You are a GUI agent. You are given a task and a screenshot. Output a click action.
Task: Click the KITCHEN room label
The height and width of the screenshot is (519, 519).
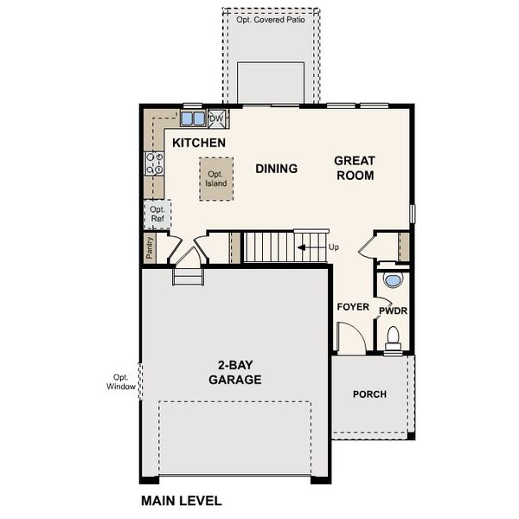pyautogui.click(x=199, y=143)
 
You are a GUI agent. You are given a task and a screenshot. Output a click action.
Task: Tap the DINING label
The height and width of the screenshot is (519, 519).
pyautogui.click(x=277, y=169)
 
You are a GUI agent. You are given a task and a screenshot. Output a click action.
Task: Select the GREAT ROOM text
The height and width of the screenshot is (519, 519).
pyautogui.click(x=355, y=168)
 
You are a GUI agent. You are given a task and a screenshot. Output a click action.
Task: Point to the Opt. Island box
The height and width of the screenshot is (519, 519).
pyautogui.click(x=215, y=179)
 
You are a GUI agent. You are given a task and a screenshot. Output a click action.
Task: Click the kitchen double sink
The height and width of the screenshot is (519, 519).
pyautogui.click(x=193, y=119)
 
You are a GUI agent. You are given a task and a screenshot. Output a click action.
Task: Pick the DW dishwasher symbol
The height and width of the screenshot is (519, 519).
pyautogui.click(x=216, y=119)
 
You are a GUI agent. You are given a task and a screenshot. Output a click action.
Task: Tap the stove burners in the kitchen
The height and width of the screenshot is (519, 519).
pyautogui.click(x=155, y=163)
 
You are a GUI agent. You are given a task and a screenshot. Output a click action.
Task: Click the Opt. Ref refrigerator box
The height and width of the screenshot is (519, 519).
pyautogui.click(x=157, y=214)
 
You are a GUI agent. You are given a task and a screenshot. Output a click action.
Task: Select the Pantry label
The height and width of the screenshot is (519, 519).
pyautogui.click(x=150, y=250)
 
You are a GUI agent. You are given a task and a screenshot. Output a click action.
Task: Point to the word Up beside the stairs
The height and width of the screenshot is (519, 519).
pyautogui.click(x=334, y=247)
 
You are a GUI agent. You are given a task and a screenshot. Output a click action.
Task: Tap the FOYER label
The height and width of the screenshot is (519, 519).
pyautogui.click(x=353, y=307)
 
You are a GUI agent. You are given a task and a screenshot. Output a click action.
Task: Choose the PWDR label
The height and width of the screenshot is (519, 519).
pyautogui.click(x=393, y=309)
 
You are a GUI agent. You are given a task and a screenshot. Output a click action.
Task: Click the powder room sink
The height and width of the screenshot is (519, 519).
pyautogui.click(x=393, y=281)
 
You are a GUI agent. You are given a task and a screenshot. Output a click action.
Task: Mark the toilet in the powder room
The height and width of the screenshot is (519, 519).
pyautogui.click(x=393, y=337)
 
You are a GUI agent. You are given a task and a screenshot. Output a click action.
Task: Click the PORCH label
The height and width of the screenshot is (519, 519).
pyautogui.click(x=369, y=394)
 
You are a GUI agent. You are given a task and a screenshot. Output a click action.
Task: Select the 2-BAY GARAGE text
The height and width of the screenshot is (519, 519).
pyautogui.click(x=235, y=372)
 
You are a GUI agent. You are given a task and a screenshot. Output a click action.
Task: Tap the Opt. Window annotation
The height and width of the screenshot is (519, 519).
pyautogui.click(x=120, y=381)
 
